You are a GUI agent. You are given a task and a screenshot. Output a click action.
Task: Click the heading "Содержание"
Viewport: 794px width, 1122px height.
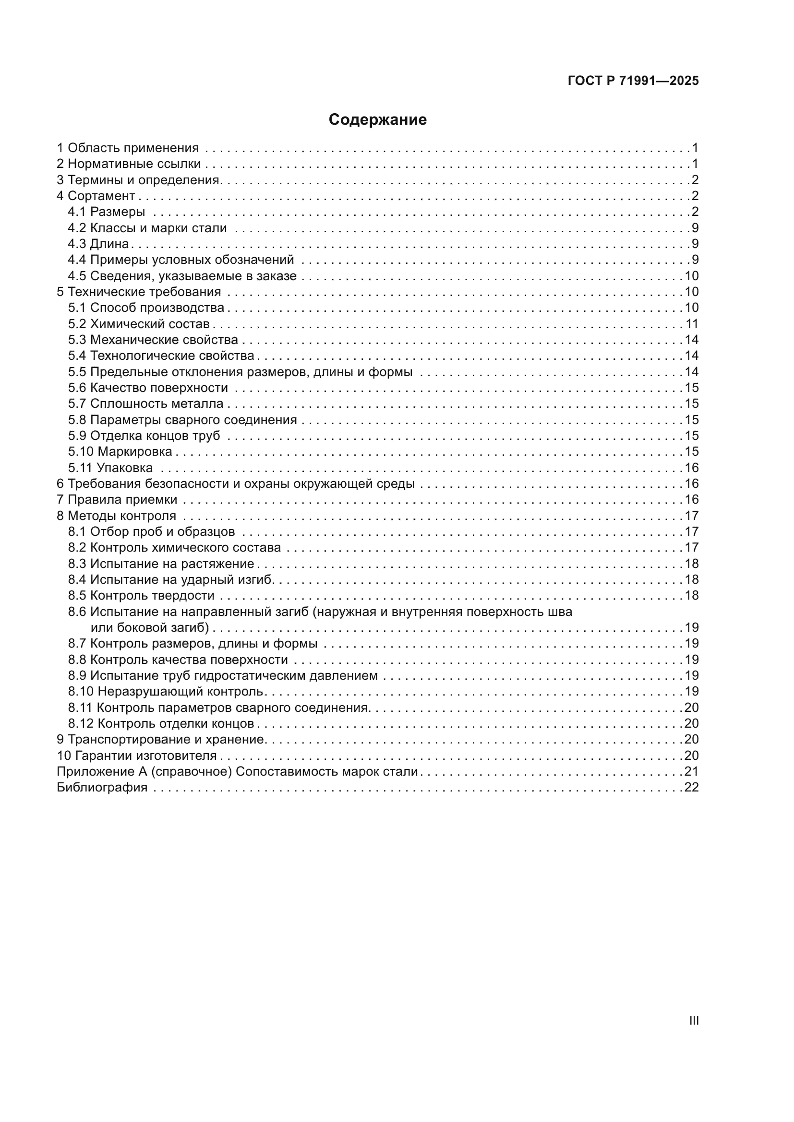click(377, 120)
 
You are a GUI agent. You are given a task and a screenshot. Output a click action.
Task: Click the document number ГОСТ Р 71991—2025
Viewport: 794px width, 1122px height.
click(633, 81)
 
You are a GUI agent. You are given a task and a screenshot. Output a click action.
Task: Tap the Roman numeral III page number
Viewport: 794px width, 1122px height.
click(693, 1020)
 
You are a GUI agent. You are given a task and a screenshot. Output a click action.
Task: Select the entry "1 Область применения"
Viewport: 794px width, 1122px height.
click(128, 148)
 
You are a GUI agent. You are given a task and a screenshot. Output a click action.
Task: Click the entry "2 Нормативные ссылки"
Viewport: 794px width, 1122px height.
click(129, 164)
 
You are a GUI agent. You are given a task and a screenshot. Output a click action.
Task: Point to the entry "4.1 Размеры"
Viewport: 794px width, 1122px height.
click(106, 212)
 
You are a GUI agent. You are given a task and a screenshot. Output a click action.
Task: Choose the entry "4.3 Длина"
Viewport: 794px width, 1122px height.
click(98, 243)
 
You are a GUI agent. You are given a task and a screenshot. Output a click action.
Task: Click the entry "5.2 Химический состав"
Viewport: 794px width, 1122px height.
click(138, 323)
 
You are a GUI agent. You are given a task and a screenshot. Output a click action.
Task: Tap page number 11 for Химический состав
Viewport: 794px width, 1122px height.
click(692, 323)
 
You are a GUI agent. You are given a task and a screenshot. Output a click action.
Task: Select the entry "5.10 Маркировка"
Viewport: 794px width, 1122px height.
click(120, 451)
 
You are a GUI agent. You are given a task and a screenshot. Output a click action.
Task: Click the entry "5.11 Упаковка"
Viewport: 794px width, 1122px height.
click(110, 468)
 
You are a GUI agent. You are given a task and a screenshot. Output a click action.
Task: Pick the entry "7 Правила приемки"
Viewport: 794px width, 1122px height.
click(117, 499)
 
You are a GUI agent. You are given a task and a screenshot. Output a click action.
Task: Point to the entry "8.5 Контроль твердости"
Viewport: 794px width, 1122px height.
click(141, 595)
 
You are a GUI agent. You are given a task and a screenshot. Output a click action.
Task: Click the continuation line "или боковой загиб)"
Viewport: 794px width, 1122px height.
click(150, 627)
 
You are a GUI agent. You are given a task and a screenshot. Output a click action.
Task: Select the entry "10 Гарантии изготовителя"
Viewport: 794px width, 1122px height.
click(136, 756)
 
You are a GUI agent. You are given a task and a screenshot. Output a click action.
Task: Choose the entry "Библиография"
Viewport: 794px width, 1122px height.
click(102, 787)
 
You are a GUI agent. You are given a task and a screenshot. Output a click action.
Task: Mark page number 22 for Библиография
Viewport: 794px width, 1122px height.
click(691, 787)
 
